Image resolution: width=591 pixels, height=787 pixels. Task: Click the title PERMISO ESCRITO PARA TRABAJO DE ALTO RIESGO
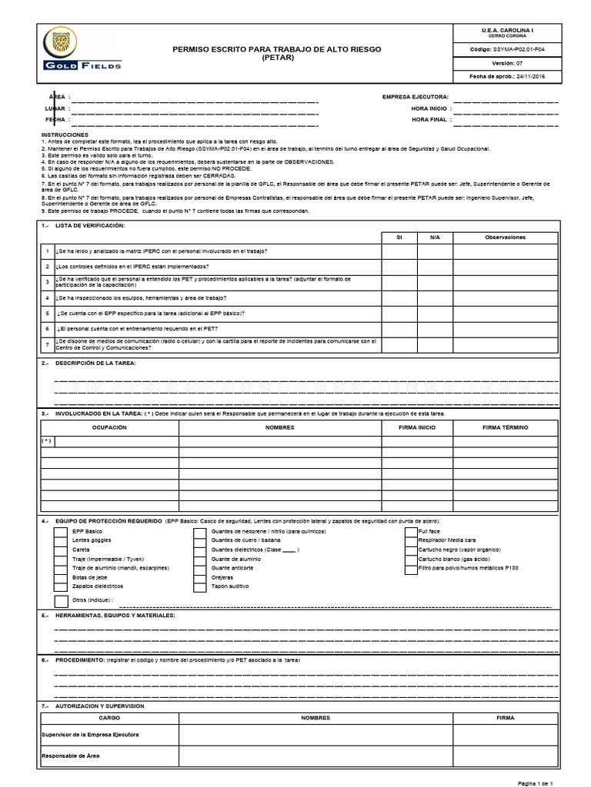point(276,49)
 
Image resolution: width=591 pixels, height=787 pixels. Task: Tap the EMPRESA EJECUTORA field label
point(415,97)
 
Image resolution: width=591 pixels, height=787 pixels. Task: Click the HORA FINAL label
point(429,120)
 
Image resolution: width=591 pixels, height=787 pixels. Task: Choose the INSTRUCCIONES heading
point(66,134)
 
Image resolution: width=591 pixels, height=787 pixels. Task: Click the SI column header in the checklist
point(399,237)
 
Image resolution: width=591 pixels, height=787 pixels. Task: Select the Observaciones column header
point(505,237)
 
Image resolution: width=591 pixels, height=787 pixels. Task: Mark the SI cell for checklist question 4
point(399,297)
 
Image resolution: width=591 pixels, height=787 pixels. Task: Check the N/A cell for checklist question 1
point(435,252)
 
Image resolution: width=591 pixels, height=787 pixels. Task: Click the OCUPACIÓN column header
point(109,427)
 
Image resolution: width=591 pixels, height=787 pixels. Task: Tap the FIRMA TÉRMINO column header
point(505,427)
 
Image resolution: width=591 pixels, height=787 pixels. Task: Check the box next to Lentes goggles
point(59,540)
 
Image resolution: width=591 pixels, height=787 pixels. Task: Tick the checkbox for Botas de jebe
point(59,577)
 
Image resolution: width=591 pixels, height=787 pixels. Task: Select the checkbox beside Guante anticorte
point(199,568)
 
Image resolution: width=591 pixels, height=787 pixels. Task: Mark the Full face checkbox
point(411,531)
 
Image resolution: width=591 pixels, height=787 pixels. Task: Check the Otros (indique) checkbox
point(60,600)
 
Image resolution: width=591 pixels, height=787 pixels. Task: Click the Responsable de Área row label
point(70,755)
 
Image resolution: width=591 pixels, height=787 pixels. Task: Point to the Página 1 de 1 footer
point(536,782)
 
